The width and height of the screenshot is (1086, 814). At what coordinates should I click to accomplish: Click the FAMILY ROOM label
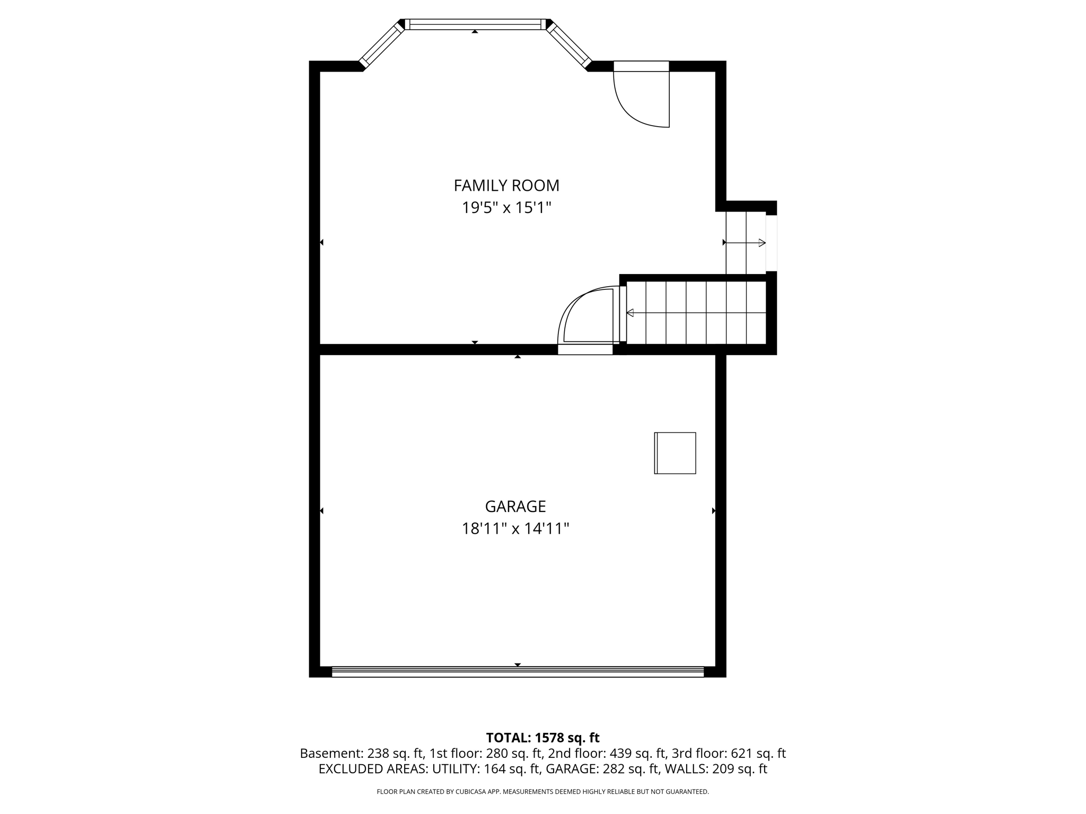coord(506,185)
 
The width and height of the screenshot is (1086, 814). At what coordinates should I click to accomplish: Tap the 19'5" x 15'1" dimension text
coord(506,208)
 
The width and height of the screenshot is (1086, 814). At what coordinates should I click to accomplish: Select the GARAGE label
coord(515,507)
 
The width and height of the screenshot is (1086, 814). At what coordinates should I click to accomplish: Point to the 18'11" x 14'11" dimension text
coord(515,529)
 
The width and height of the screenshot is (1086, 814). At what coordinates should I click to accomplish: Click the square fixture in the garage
coord(675,453)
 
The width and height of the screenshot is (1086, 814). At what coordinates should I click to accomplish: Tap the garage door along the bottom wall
coord(518,672)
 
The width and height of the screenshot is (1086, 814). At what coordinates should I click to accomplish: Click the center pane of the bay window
coord(475,24)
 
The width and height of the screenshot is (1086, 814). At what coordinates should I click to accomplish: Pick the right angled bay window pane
coord(568,45)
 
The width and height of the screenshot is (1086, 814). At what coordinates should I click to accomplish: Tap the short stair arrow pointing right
coord(746,243)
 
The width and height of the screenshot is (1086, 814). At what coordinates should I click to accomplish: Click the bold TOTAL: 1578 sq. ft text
coord(542,738)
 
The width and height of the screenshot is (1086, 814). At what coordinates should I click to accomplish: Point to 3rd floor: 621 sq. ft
coord(729,754)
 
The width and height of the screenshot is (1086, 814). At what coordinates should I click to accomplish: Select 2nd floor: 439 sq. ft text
coord(607,754)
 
